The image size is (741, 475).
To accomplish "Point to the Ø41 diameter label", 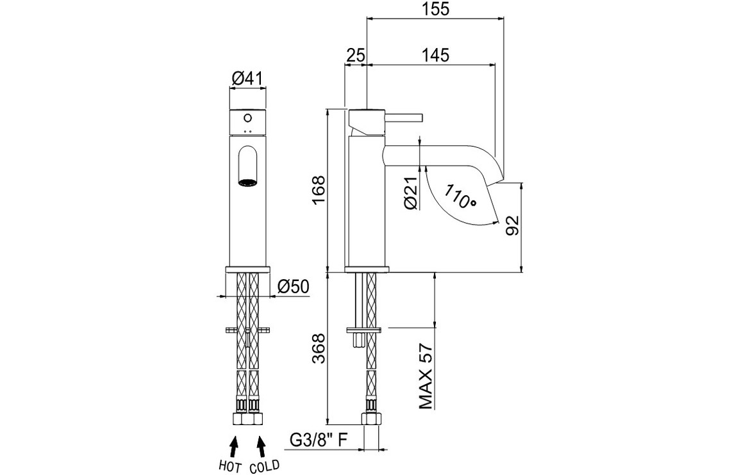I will [x=247, y=79].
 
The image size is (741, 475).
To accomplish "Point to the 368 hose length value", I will [x=319, y=349].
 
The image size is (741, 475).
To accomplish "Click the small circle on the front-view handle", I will [x=247, y=118].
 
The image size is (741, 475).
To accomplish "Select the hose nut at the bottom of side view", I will [x=370, y=419].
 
